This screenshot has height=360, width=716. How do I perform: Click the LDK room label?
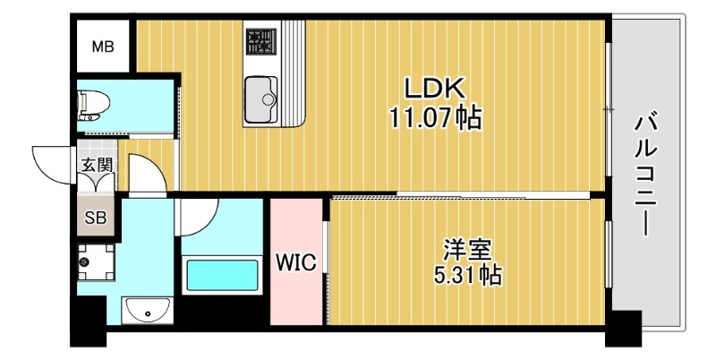click(x=434, y=89)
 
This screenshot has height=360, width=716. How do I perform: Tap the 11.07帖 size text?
click(x=435, y=116)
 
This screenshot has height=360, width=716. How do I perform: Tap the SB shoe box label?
click(x=95, y=218)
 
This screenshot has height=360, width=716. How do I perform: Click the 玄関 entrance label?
click(x=97, y=165)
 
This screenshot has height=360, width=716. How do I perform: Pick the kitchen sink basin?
click(x=260, y=92)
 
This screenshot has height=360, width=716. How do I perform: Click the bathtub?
click(x=221, y=275)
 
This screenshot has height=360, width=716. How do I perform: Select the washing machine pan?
click(x=94, y=262)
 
